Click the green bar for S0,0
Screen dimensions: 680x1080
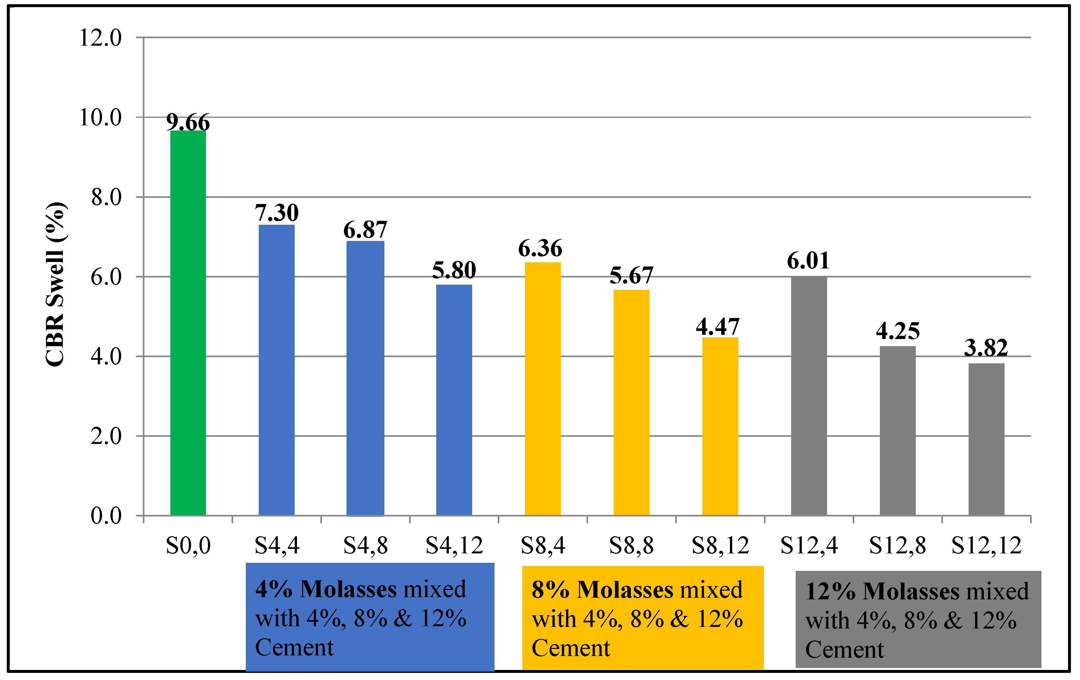[188, 323]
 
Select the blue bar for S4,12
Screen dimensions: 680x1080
[454, 400]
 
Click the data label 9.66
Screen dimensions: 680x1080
[188, 122]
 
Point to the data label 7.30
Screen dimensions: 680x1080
[277, 213]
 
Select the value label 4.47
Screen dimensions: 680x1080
[718, 326]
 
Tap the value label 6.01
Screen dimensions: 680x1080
[808, 261]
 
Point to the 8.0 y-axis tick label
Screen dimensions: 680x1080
[106, 197]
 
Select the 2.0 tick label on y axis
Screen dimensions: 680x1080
[106, 436]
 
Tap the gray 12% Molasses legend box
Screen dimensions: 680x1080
[918, 619]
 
